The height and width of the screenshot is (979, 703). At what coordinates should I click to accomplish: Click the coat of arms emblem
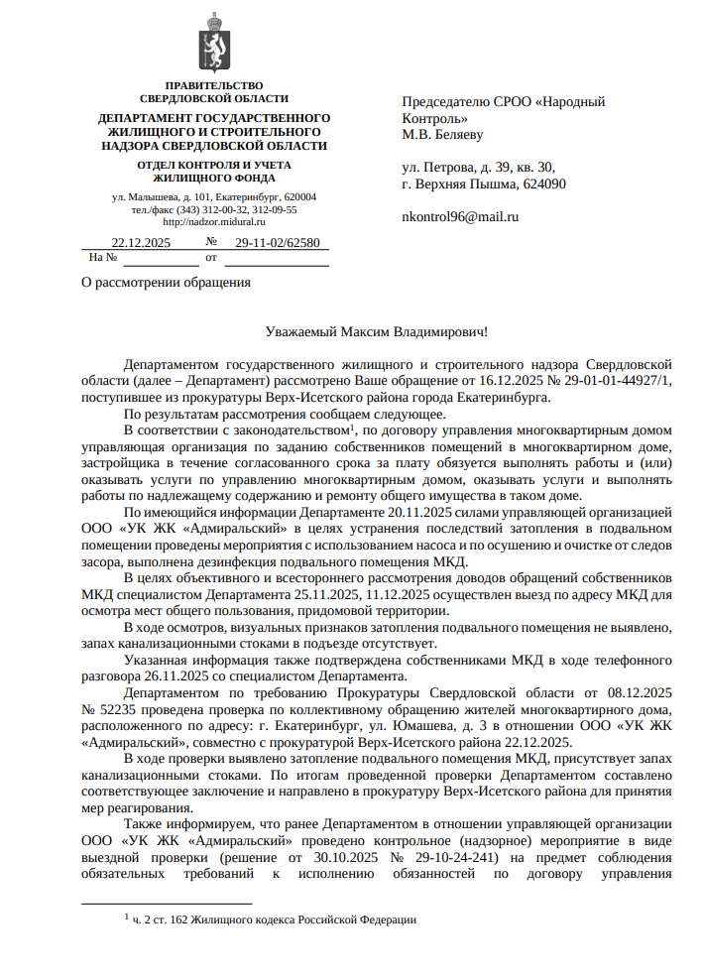214,43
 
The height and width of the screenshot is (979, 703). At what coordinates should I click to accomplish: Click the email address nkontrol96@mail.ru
460,215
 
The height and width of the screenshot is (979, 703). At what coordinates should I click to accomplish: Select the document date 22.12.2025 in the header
141,242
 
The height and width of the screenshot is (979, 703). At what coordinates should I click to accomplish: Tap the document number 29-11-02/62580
277,242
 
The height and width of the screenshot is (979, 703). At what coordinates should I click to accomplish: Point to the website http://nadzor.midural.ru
213,221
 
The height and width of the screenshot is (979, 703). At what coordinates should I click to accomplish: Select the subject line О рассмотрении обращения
166,283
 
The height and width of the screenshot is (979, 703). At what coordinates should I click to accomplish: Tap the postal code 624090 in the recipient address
543,184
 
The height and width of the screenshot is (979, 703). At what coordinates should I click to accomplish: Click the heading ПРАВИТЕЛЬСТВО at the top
214,85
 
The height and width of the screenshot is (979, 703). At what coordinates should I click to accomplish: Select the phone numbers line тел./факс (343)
214,209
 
